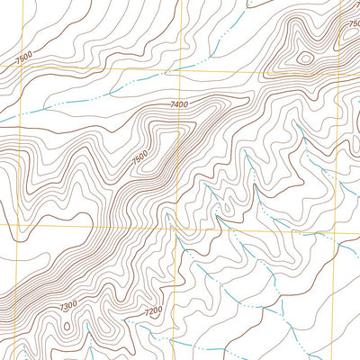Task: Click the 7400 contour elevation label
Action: [179, 106]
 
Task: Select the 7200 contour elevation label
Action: [153, 311]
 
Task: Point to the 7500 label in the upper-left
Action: [24, 58]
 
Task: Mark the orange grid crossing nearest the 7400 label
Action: [179, 68]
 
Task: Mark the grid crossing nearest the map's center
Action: [177, 227]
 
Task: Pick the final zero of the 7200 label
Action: [160, 312]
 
